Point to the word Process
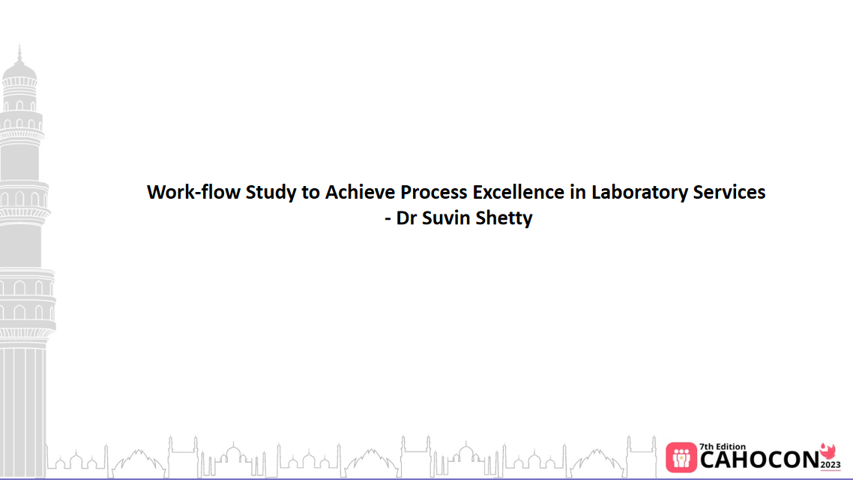433,192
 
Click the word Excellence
517,192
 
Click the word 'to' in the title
311,193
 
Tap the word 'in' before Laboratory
577,192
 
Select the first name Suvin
447,219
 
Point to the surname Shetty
504,220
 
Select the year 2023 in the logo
830,466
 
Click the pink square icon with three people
681,457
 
